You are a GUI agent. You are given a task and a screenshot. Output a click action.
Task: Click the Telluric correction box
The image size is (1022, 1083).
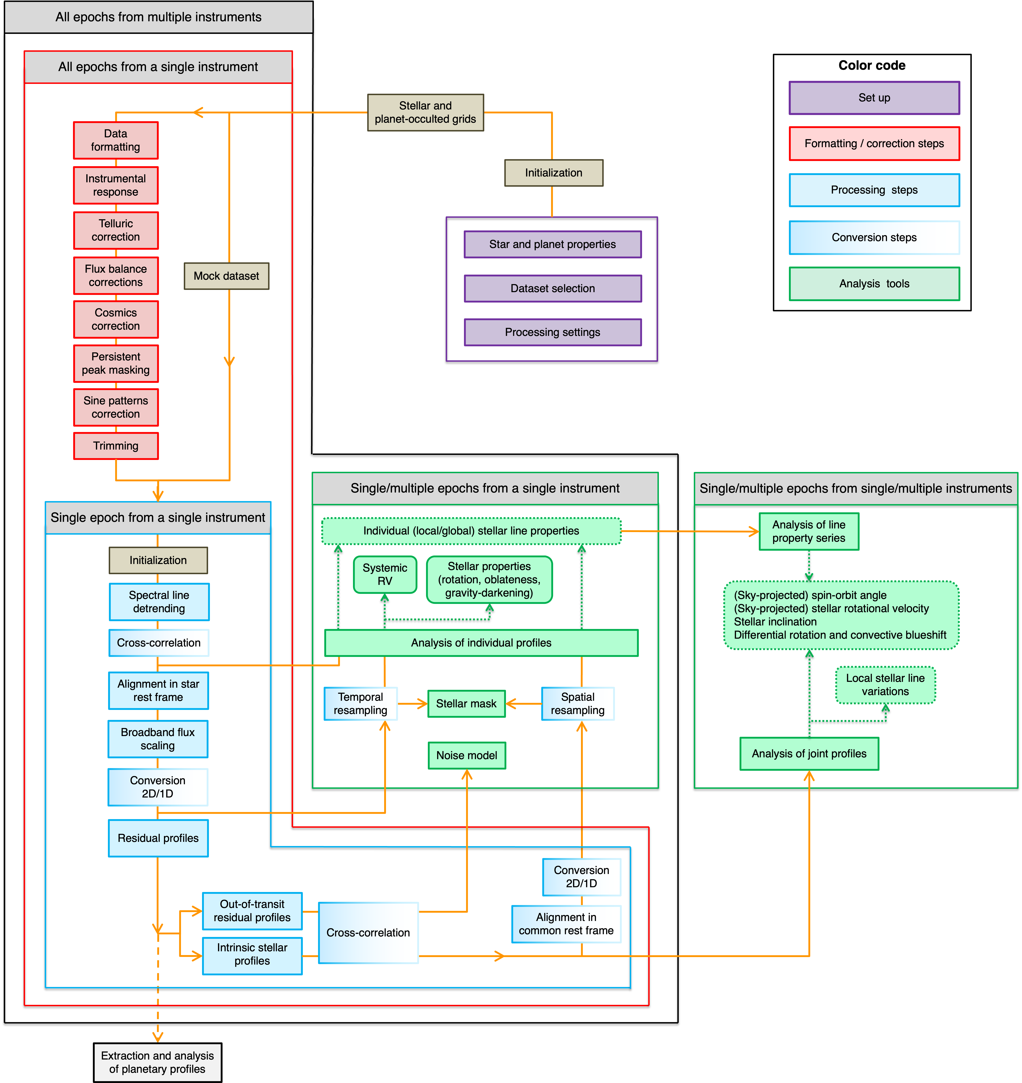click(115, 230)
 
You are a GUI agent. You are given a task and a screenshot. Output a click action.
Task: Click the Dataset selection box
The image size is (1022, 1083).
click(552, 288)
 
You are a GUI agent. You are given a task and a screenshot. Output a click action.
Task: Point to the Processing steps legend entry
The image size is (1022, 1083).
click(874, 190)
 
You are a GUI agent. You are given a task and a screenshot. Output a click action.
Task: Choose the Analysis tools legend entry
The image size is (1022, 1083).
click(874, 283)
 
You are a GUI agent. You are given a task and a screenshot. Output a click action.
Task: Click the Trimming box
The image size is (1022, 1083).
click(115, 446)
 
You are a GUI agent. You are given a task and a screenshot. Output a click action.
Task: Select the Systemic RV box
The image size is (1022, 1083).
click(385, 574)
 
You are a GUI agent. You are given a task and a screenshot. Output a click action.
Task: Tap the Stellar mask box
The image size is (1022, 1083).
click(466, 704)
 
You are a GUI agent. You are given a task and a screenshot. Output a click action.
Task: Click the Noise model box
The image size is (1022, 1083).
click(466, 755)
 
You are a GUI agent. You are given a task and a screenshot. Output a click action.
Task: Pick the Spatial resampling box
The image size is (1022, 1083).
click(577, 704)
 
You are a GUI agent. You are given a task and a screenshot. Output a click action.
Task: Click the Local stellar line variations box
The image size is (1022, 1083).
click(885, 685)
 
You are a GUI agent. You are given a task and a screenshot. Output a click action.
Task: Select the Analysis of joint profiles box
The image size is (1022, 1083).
click(809, 754)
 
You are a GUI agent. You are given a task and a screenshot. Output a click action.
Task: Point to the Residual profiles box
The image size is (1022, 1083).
click(158, 838)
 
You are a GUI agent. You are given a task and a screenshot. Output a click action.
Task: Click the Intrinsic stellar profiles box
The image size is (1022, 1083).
click(252, 954)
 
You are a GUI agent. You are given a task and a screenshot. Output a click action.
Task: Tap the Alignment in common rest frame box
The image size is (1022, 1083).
click(566, 924)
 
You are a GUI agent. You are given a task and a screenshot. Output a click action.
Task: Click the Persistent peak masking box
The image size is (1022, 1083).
click(115, 363)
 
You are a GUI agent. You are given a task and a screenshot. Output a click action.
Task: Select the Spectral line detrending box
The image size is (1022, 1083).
click(159, 602)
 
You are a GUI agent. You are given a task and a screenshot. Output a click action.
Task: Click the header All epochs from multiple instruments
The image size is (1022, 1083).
click(159, 17)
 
